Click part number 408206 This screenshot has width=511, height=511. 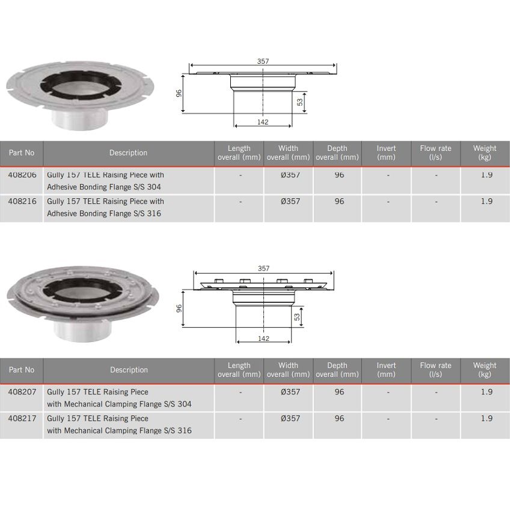pyautogui.click(x=22, y=175)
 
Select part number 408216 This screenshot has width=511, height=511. pyautogui.click(x=22, y=201)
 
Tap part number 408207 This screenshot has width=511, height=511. pyautogui.click(x=22, y=392)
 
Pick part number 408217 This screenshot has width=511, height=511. pyautogui.click(x=22, y=418)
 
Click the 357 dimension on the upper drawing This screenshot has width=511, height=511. pyautogui.click(x=263, y=61)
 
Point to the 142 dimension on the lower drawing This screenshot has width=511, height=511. pyautogui.click(x=263, y=338)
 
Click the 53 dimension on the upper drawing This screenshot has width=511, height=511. pyautogui.click(x=300, y=102)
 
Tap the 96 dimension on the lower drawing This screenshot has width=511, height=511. pyautogui.click(x=179, y=308)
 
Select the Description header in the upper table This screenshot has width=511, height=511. pyautogui.click(x=129, y=153)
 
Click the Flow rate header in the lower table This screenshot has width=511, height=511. pyautogui.click(x=435, y=370)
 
